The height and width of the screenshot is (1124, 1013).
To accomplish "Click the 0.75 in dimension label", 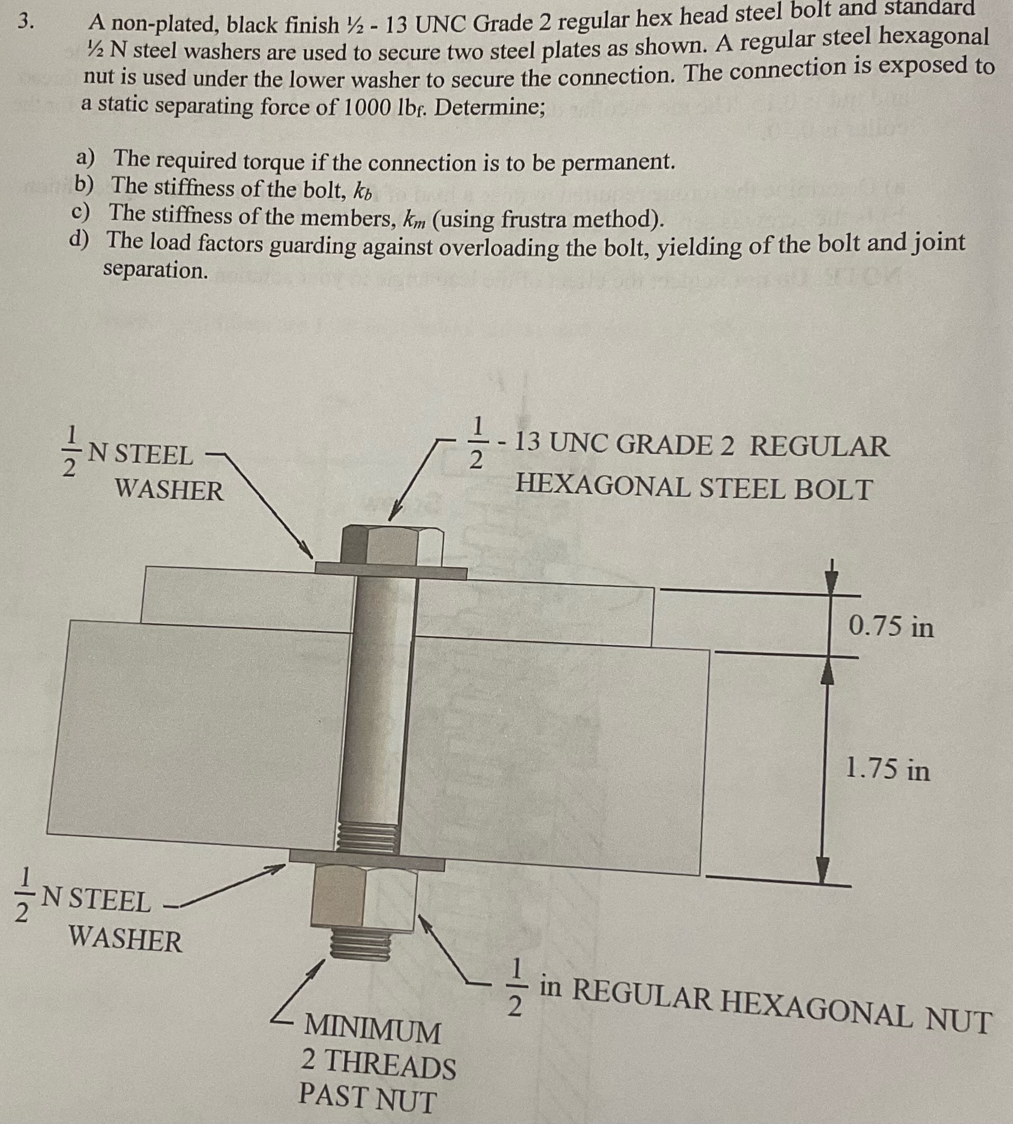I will click(x=890, y=627).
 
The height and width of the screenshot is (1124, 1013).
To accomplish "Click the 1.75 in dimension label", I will click(x=887, y=770).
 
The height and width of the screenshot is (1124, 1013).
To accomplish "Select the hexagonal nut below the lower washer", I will click(x=365, y=900).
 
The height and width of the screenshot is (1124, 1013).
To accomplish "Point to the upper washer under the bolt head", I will click(x=391, y=570).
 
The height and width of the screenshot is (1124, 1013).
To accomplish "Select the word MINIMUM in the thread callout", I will click(x=372, y=1030).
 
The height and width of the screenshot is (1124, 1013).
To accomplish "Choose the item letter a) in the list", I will click(x=85, y=159).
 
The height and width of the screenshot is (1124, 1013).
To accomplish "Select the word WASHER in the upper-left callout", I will click(x=169, y=490).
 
